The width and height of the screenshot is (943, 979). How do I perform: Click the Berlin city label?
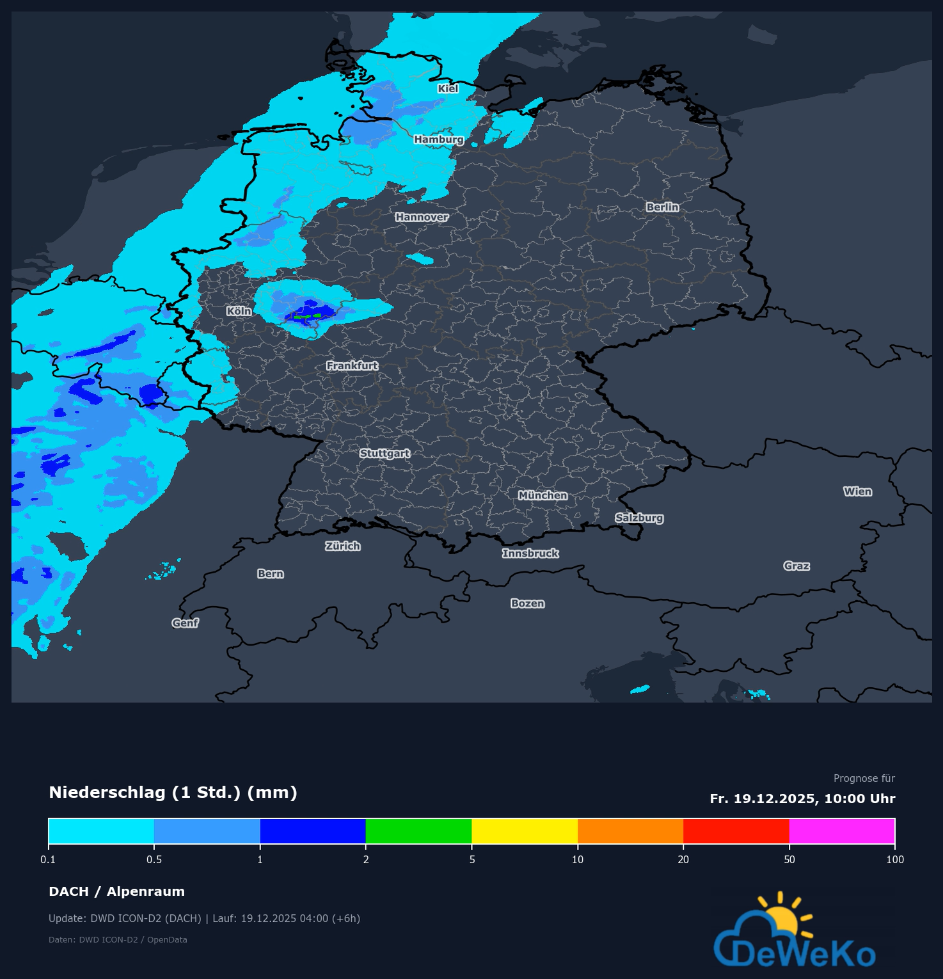point(662,207)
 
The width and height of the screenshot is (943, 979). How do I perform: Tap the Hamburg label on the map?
point(438,139)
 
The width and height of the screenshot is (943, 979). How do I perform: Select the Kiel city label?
point(448,89)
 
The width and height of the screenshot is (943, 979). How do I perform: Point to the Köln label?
point(239,311)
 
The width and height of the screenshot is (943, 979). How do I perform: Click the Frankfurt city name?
point(352,366)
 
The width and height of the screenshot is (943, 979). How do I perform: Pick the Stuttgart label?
point(384,454)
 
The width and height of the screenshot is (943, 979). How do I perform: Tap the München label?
point(543,496)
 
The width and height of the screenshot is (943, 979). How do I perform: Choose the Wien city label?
point(857,491)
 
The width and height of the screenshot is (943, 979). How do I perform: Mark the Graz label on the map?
point(796,566)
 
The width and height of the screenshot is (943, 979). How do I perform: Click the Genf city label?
point(185,623)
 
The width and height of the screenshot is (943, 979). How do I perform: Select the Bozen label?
point(527,603)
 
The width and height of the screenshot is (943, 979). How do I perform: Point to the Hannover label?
point(422,218)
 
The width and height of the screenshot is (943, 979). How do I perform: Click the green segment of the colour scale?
point(418,831)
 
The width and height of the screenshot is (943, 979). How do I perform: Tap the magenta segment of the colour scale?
point(842,831)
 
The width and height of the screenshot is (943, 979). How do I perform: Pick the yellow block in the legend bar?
point(525,831)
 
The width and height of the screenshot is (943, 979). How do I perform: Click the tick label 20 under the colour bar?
point(683,859)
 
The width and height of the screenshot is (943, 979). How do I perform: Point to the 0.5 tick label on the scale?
point(154,859)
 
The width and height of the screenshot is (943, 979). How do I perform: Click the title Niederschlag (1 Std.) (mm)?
point(173,793)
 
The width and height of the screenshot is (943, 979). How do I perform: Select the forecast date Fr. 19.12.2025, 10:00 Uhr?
point(802,799)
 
